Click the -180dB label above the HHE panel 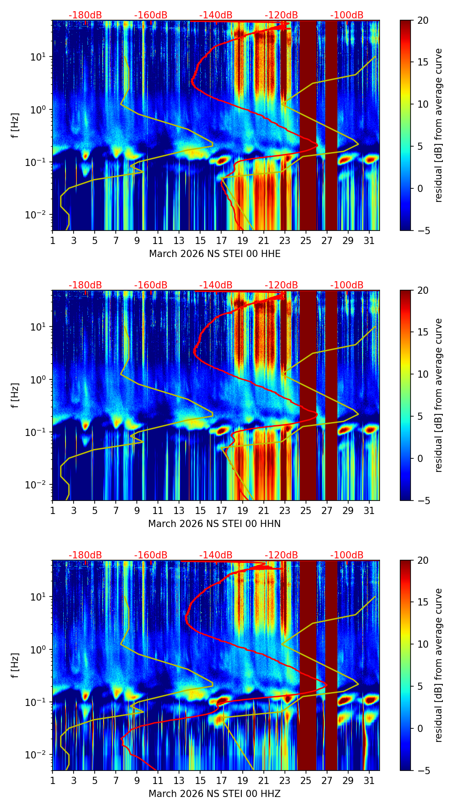coord(85,15)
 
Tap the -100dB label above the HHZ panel coord(347,555)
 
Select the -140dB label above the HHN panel coord(216,285)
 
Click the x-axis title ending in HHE coord(214,254)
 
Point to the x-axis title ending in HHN coord(214,524)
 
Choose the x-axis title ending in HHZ coord(214,794)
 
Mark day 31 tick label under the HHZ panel coord(369,781)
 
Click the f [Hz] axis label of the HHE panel coord(15,126)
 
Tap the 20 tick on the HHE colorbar coord(423,21)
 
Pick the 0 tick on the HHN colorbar coord(420,458)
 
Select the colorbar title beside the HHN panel coord(438,395)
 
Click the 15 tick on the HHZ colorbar coord(423,602)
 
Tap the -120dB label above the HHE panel coord(281,15)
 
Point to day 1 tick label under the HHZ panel coord(52,781)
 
